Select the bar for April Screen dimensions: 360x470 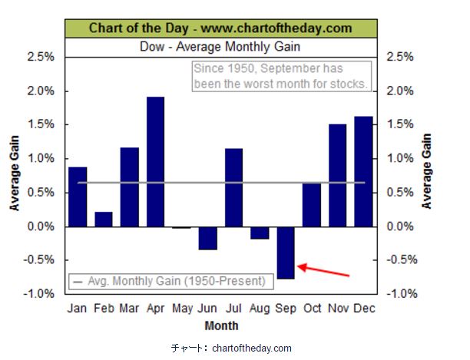coord(156,162)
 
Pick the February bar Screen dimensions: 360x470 coord(104,219)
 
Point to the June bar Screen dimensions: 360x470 coord(208,238)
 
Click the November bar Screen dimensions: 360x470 coord(338,176)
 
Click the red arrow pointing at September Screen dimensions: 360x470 coord(323,270)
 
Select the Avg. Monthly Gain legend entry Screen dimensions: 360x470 coord(170,281)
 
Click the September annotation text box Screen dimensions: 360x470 coord(280,75)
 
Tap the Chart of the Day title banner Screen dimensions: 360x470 coord(220,28)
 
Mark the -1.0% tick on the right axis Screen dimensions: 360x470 coord(403,294)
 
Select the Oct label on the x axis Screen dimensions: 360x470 coord(312,309)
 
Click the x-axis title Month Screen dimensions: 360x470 coord(220,326)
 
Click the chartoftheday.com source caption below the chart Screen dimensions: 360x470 coord(231,348)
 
